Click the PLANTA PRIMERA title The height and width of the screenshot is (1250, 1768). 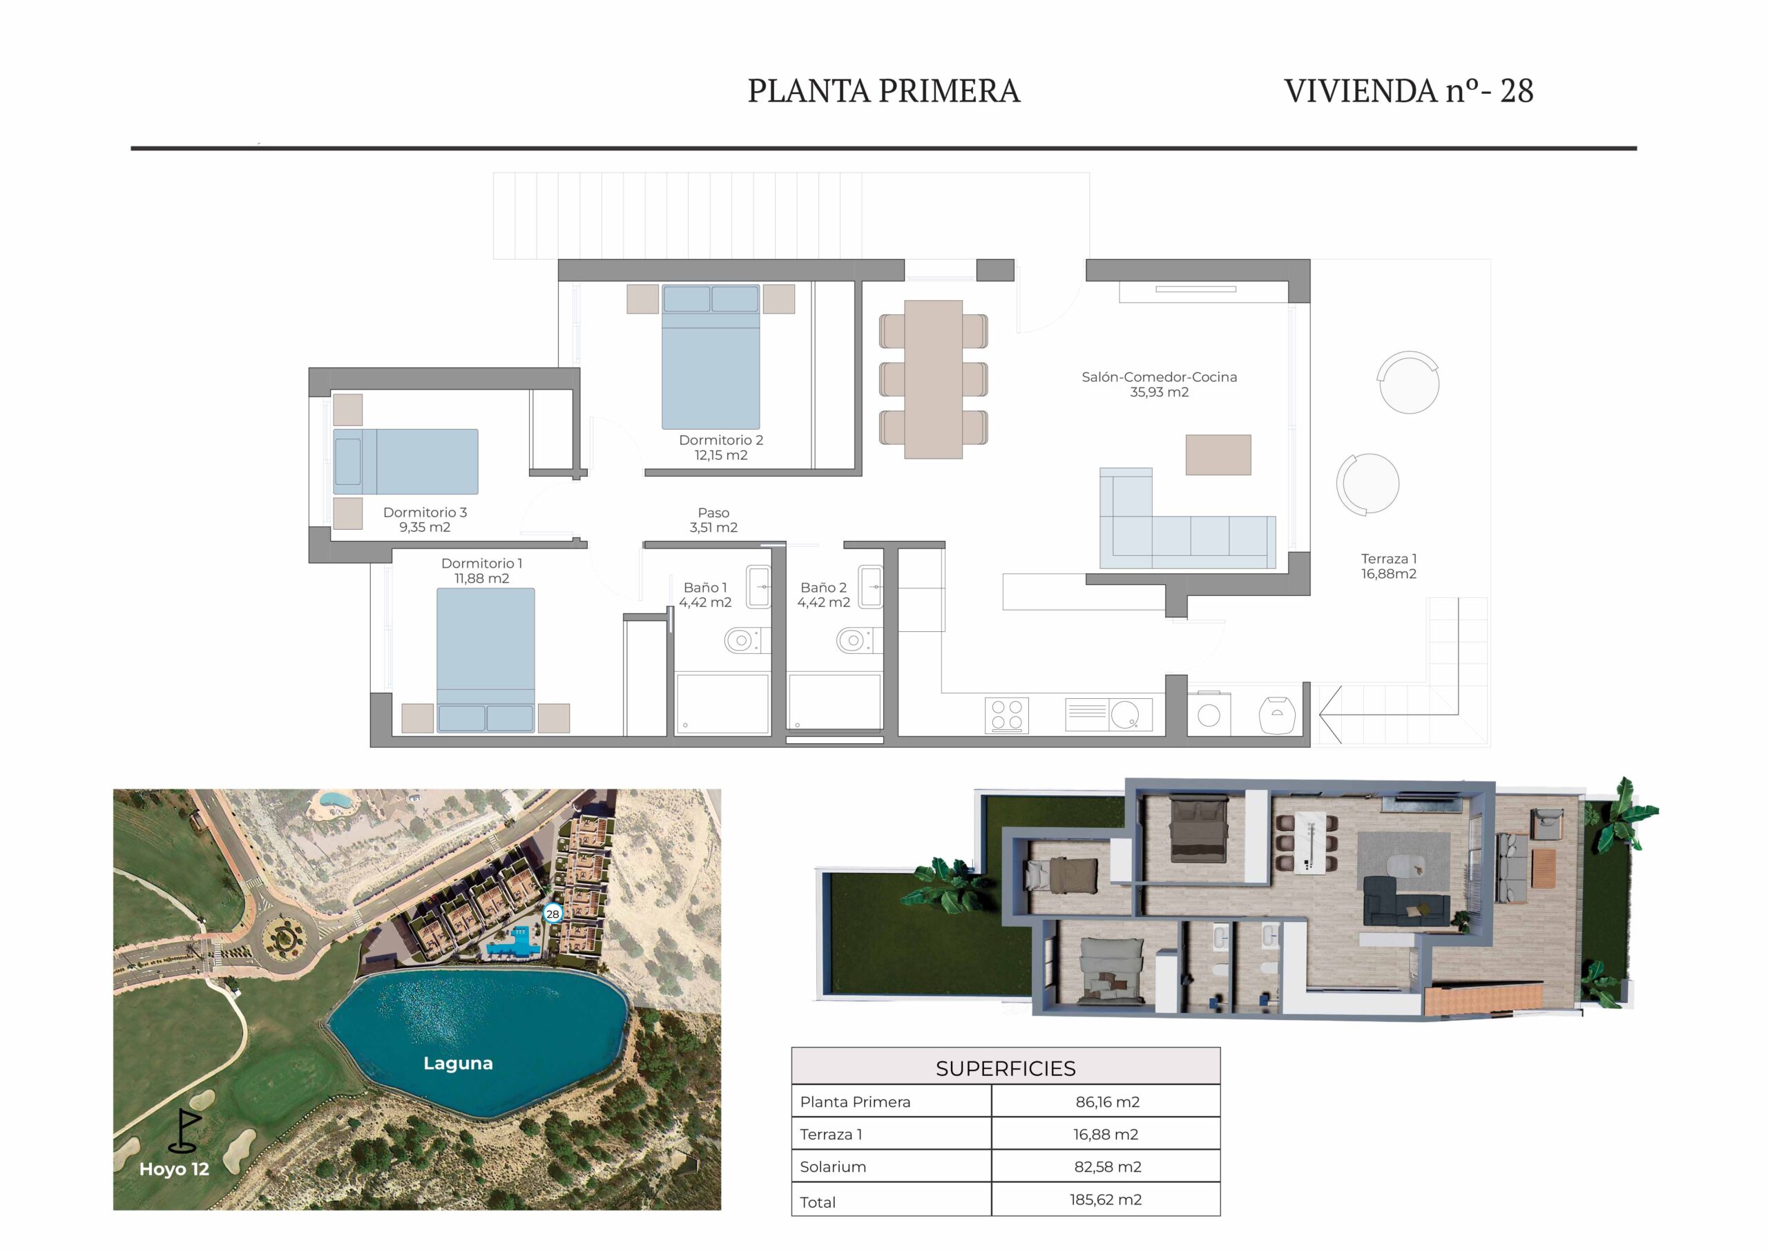(x=883, y=91)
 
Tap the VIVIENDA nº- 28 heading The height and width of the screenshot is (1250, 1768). (x=1408, y=91)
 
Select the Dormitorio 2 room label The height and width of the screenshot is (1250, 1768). (x=721, y=448)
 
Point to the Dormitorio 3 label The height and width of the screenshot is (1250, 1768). (x=425, y=520)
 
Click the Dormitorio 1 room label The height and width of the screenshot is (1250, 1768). (x=481, y=570)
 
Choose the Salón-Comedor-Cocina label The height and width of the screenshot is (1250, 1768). (x=1159, y=384)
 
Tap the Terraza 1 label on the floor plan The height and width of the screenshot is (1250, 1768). (x=1388, y=566)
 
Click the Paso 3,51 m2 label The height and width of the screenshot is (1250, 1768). (x=713, y=520)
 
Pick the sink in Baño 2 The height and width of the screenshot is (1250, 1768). (x=871, y=587)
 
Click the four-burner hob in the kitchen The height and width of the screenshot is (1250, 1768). (x=1006, y=715)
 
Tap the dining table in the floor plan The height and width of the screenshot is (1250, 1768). (x=933, y=379)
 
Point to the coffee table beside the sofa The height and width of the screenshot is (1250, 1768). (x=1218, y=454)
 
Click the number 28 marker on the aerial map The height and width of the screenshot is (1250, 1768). (x=552, y=914)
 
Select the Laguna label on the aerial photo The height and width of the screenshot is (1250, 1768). (x=458, y=1063)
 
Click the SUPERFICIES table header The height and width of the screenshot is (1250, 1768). (x=1006, y=1068)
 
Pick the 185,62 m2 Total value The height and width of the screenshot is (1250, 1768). (x=1105, y=1199)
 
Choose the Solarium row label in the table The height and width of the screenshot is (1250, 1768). (x=832, y=1167)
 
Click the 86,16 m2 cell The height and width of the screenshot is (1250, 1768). (x=1107, y=1102)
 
